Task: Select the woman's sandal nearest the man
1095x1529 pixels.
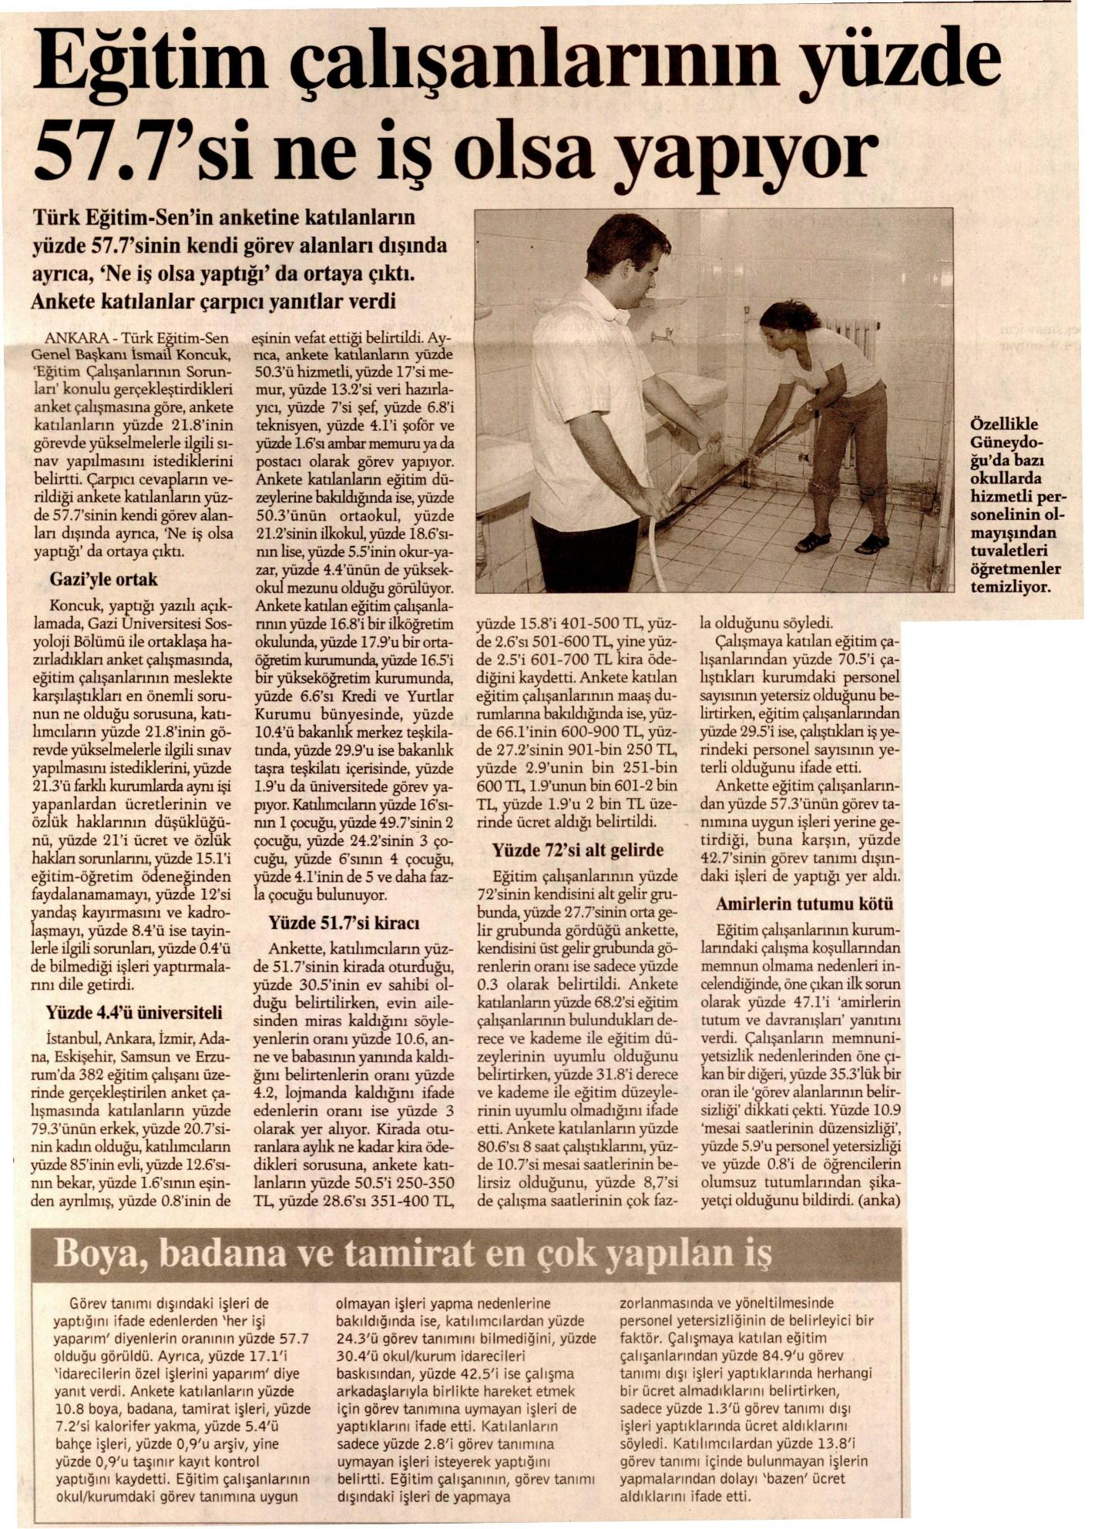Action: [811, 542]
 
